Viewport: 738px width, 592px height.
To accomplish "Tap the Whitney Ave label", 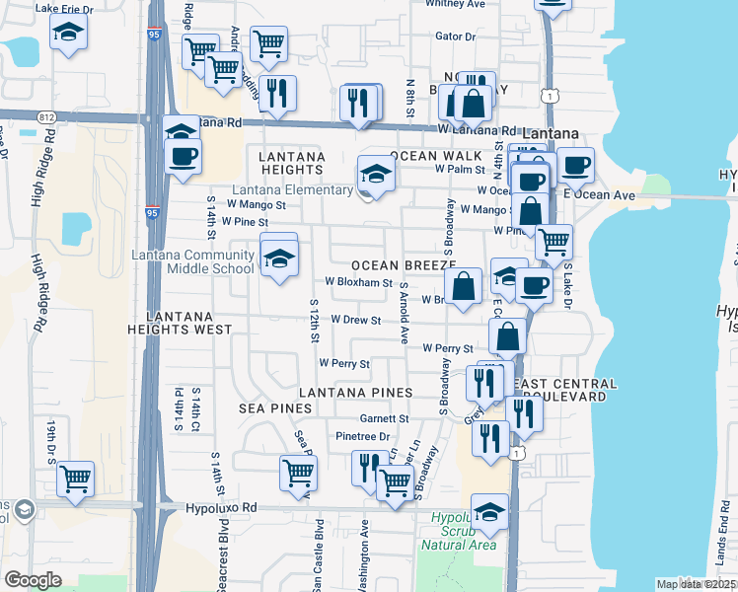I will [x=456, y=4].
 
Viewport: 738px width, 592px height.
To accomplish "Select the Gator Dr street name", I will [x=455, y=37].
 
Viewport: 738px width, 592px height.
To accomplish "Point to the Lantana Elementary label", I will [x=293, y=190].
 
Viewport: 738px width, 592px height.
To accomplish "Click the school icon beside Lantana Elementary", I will [x=375, y=175].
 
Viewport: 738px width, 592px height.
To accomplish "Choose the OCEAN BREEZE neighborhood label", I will [x=404, y=265].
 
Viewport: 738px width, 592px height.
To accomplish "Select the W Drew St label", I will [x=356, y=321].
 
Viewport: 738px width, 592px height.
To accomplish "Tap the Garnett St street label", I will [x=385, y=418].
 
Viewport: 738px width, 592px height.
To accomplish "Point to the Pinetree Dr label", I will [x=363, y=436].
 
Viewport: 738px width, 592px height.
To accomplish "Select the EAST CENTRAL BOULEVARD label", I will [x=565, y=390].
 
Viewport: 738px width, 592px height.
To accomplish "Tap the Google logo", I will [x=33, y=580].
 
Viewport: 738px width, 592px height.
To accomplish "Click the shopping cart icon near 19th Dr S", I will [x=75, y=480].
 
